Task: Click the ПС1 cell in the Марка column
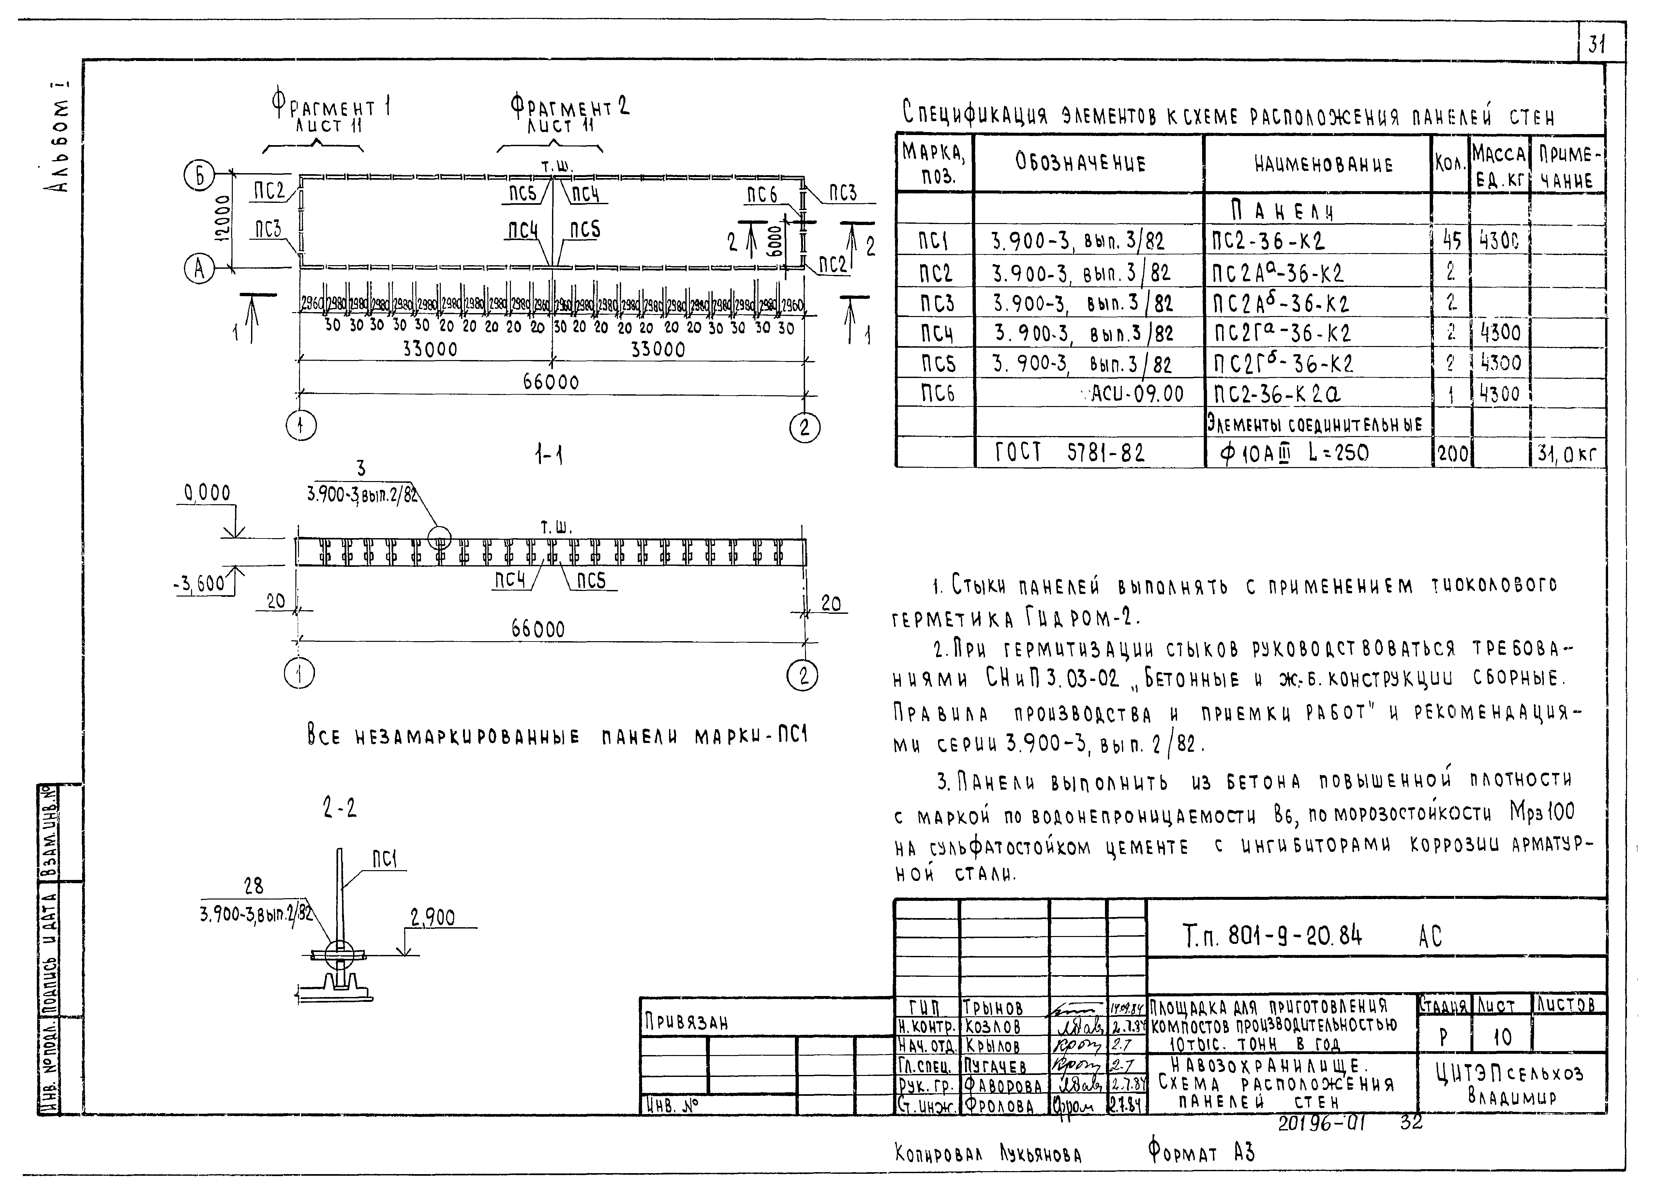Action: point(934,241)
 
